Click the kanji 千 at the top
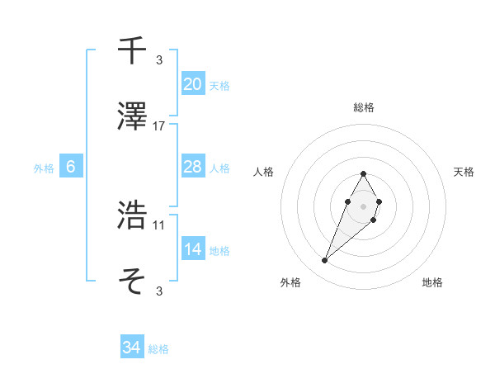(x=133, y=50)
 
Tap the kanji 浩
(x=133, y=216)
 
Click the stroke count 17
(x=159, y=126)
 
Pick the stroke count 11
(x=159, y=225)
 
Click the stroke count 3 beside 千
(x=159, y=59)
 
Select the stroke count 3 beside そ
(x=159, y=291)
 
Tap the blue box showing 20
(x=193, y=83)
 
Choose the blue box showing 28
(x=193, y=167)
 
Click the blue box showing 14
(x=193, y=249)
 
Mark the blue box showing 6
(x=71, y=167)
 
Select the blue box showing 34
(x=131, y=348)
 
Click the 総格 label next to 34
(x=158, y=349)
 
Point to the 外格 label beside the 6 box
(x=44, y=168)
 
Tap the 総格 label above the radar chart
(x=363, y=107)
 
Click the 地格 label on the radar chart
(x=432, y=282)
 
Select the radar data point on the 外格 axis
(x=325, y=261)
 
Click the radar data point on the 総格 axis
(x=363, y=174)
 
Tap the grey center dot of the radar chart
(x=363, y=205)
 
